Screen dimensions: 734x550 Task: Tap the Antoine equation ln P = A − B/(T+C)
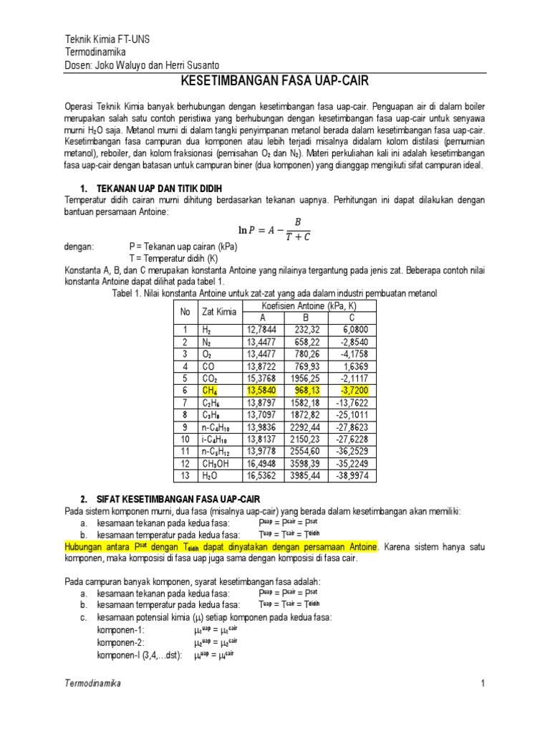(274, 229)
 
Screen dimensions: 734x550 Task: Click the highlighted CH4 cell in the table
(209, 391)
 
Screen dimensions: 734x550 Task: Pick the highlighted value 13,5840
(261, 391)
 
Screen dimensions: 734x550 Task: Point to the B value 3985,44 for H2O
(306, 475)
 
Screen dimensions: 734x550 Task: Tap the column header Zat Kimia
(218, 313)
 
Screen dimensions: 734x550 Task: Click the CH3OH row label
(216, 462)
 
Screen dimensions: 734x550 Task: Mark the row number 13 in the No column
(184, 475)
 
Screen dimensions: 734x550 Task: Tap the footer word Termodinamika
(93, 684)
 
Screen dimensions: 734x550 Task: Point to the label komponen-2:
(120, 642)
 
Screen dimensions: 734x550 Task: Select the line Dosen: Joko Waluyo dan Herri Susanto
(132, 65)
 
